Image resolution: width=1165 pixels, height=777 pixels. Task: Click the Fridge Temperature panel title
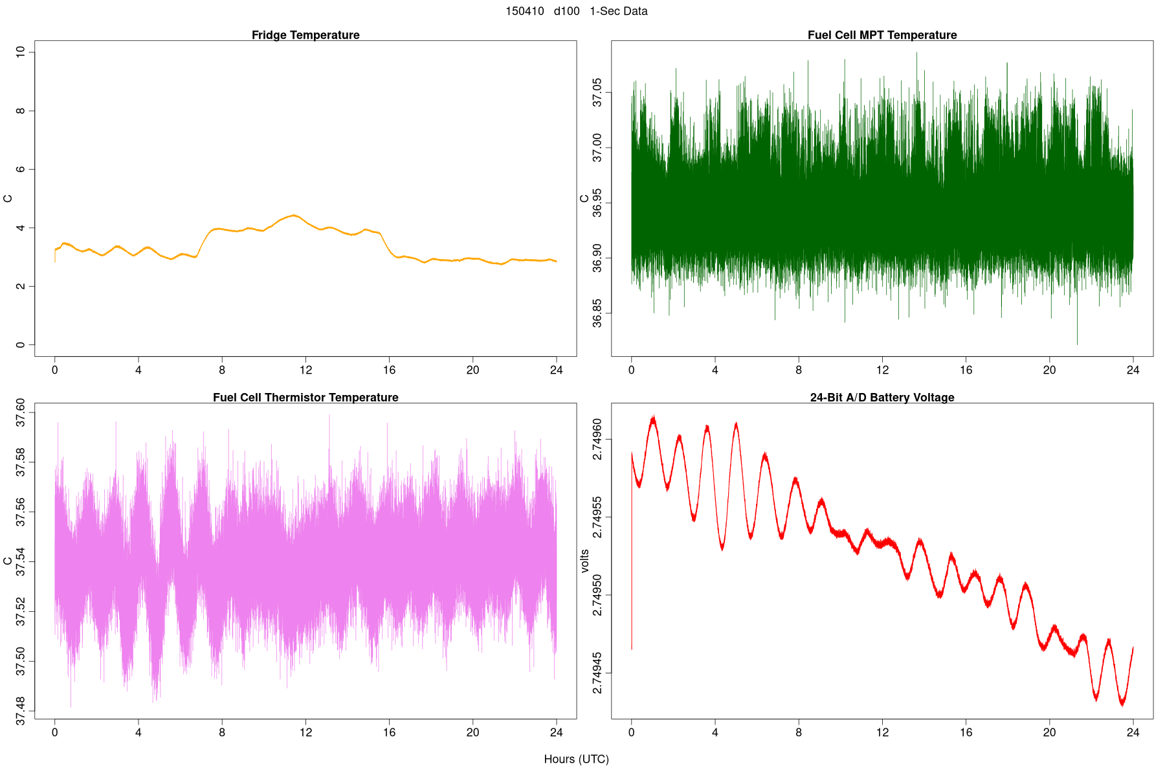(x=305, y=35)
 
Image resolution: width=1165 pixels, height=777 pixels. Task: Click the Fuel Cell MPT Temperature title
(x=882, y=35)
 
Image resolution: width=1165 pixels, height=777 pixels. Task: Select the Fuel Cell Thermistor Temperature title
(x=305, y=398)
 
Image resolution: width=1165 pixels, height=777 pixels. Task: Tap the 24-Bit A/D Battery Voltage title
(x=882, y=398)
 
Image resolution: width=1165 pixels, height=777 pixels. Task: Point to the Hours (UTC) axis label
(x=576, y=759)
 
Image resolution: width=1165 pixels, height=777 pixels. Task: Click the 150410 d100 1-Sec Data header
(x=576, y=11)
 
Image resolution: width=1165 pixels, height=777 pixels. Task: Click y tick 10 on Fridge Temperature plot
(x=21, y=52)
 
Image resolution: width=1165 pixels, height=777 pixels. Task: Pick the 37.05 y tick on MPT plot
(x=597, y=93)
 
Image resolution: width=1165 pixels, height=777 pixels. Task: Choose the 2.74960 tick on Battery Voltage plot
(x=597, y=440)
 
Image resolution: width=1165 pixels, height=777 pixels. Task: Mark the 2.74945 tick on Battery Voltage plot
(x=597, y=673)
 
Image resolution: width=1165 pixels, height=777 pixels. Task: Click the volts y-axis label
(x=585, y=561)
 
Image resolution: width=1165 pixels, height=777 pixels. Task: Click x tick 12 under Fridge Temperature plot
(x=305, y=370)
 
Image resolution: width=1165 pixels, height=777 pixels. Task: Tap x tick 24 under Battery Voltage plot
(x=1133, y=733)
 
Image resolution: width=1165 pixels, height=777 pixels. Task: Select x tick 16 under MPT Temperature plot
(x=966, y=370)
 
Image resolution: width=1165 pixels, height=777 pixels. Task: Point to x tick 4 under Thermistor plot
(x=139, y=733)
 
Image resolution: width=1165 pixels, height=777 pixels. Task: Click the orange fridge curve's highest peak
(x=294, y=215)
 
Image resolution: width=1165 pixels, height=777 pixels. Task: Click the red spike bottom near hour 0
(x=632, y=648)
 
